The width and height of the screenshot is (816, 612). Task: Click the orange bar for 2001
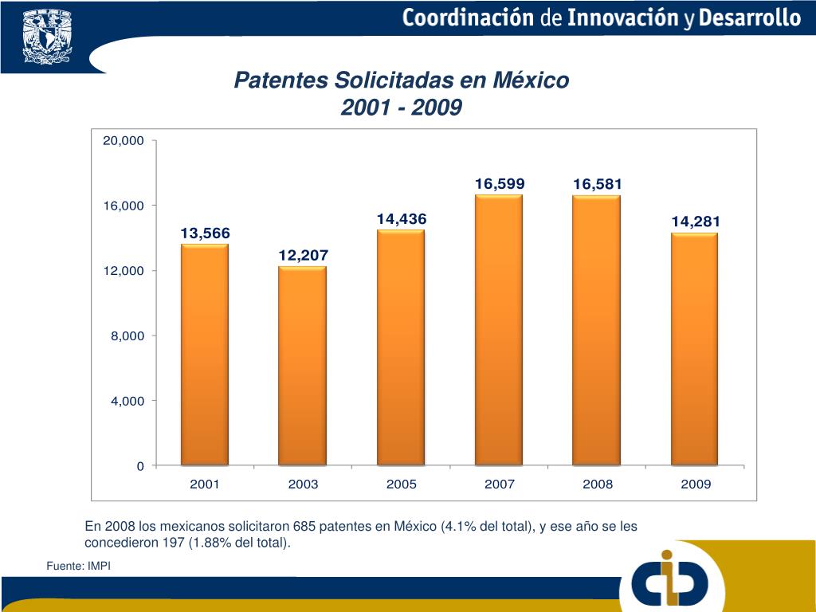pyautogui.click(x=205, y=355)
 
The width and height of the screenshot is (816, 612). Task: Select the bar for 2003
pyautogui.click(x=303, y=366)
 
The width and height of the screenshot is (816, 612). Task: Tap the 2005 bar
pyautogui.click(x=401, y=347)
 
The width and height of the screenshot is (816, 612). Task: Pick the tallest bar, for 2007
pyautogui.click(x=499, y=330)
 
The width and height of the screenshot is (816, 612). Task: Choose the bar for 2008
pyautogui.click(x=597, y=330)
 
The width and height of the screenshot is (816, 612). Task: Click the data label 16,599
pyautogui.click(x=500, y=184)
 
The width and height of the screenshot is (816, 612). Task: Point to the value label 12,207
pyautogui.click(x=303, y=255)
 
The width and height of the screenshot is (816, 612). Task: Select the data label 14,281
pyautogui.click(x=695, y=222)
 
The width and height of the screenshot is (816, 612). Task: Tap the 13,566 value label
pyautogui.click(x=205, y=233)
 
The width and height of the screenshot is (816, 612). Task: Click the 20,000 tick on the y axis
pyautogui.click(x=123, y=141)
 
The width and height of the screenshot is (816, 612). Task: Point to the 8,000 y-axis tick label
pyautogui.click(x=127, y=336)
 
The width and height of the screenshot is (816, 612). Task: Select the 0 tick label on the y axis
pyautogui.click(x=140, y=466)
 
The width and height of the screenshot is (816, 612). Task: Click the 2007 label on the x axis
pyautogui.click(x=500, y=484)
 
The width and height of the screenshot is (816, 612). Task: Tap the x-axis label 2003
pyautogui.click(x=303, y=484)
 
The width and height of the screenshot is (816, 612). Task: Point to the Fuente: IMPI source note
pyautogui.click(x=78, y=566)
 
